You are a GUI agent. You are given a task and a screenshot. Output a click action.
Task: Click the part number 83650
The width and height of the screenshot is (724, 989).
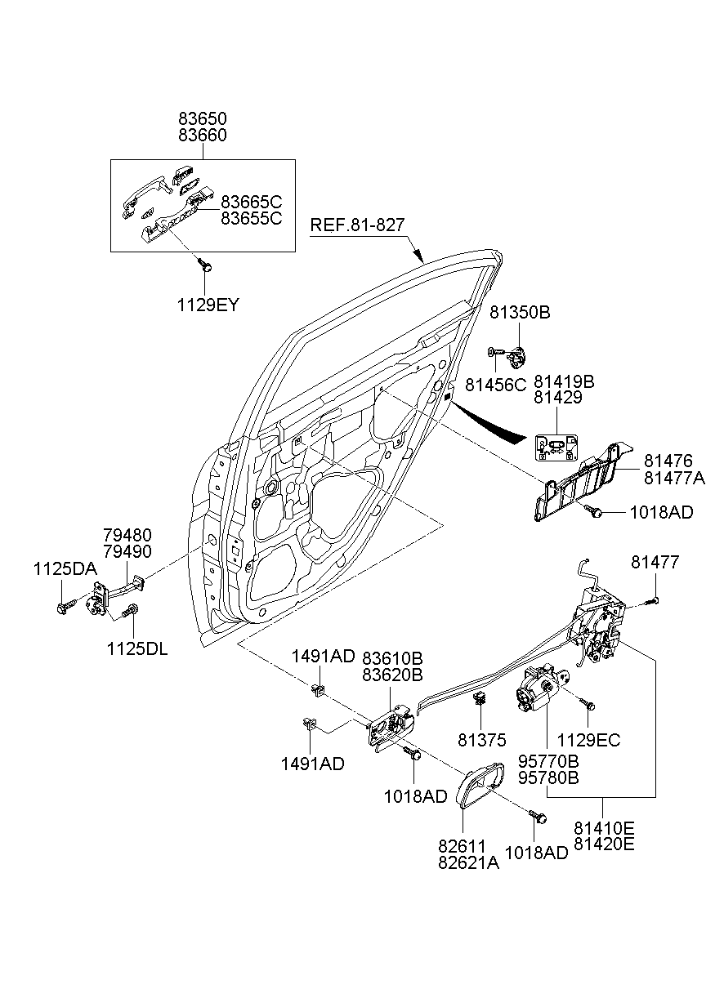click(x=202, y=119)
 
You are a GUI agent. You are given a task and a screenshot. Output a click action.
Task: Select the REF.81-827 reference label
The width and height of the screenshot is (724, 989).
click(x=357, y=225)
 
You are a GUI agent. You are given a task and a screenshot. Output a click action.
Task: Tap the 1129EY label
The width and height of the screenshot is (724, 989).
click(x=208, y=305)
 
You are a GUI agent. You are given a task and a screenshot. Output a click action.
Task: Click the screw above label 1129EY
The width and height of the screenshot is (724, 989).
click(x=205, y=265)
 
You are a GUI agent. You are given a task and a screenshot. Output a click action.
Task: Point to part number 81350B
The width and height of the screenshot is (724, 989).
click(x=520, y=313)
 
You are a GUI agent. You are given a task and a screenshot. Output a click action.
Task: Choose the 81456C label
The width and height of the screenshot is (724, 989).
click(x=495, y=384)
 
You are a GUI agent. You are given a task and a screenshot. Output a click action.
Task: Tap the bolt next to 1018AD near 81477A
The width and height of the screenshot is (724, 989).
click(x=596, y=511)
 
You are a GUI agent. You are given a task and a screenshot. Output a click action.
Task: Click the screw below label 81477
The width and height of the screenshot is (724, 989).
click(x=652, y=601)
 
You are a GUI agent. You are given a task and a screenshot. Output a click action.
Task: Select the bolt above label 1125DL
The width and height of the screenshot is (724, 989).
click(x=129, y=611)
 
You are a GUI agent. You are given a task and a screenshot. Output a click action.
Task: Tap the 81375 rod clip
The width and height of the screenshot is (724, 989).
click(x=480, y=698)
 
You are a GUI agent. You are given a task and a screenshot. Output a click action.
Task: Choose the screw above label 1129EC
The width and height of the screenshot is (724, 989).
click(x=587, y=704)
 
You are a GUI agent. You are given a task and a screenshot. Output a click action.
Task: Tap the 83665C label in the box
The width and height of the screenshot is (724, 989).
click(x=251, y=202)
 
